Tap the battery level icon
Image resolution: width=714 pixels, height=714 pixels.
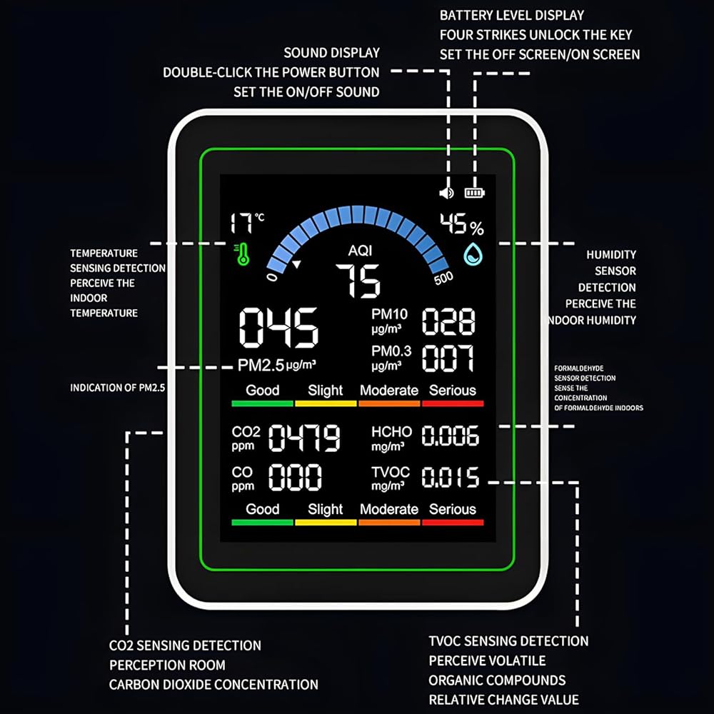[x=474, y=192]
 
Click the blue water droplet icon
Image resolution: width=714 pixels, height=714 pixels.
[x=473, y=254]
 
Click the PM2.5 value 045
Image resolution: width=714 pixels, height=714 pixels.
[x=278, y=328]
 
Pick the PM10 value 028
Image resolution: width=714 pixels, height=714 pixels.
[x=448, y=322]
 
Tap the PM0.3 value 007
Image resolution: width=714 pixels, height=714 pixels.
[x=448, y=358]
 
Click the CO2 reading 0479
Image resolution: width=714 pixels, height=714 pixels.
[x=304, y=438]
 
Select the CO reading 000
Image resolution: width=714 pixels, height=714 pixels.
[x=295, y=477]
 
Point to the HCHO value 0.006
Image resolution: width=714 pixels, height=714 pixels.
[x=450, y=436]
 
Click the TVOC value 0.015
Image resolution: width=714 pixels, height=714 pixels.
[x=450, y=477]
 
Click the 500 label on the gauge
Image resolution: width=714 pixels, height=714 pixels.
[x=443, y=278]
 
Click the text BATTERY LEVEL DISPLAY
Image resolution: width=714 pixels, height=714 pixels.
[x=512, y=15]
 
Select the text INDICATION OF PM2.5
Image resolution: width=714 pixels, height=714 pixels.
[x=118, y=388]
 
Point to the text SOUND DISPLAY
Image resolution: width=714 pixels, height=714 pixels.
[x=332, y=53]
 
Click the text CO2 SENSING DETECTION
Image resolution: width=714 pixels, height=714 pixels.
[x=185, y=645]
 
